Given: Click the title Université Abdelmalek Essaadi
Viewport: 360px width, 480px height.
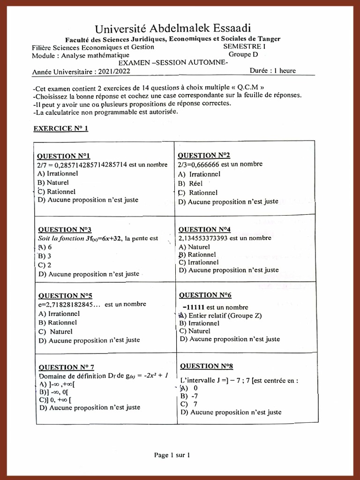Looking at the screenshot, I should [x=176, y=29].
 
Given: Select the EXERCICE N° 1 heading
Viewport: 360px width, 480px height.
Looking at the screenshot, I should [x=60, y=128].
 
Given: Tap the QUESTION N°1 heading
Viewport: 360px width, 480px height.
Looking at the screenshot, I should [x=63, y=156].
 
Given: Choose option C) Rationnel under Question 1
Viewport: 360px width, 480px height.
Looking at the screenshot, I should [x=56, y=191].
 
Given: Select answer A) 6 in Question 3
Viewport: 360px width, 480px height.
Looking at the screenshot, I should [x=45, y=247].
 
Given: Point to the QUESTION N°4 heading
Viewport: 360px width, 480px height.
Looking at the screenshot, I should [x=204, y=230].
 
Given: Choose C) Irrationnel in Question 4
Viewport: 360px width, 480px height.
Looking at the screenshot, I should [x=199, y=262].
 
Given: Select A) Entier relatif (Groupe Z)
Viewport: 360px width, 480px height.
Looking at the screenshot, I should [x=220, y=315].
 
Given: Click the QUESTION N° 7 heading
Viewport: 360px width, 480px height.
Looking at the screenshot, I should [x=66, y=367].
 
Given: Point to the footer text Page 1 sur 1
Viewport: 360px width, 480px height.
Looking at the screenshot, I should [x=172, y=455].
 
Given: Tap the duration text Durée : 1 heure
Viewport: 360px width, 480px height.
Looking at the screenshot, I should [x=273, y=71].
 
